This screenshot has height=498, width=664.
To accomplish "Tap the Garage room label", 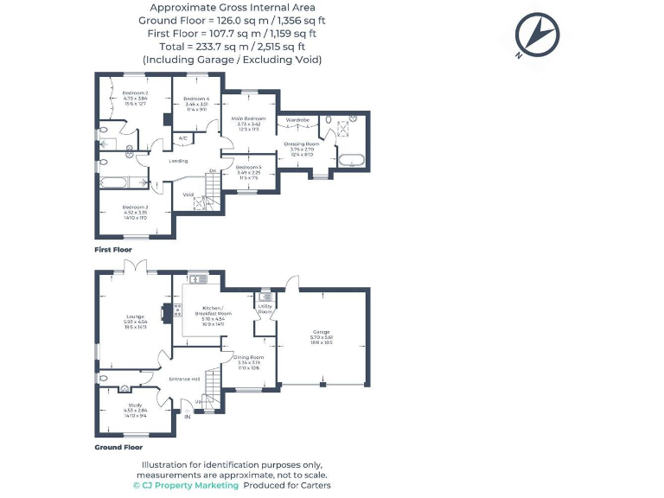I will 322,332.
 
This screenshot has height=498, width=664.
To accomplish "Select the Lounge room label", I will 135,318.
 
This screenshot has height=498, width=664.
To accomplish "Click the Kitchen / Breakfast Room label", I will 213,309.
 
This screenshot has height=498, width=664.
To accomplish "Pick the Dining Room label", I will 249,356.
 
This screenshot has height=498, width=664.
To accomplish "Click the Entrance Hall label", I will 185,379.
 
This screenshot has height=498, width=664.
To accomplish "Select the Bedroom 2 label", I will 135,93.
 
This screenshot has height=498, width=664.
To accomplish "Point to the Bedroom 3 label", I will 135,207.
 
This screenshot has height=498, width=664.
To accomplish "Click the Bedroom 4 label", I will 196,99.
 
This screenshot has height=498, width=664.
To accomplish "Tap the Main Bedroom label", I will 248,118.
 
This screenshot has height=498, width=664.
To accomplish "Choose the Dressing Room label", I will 302,144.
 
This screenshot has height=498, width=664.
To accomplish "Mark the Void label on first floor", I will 188,195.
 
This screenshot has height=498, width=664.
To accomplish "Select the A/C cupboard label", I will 182,138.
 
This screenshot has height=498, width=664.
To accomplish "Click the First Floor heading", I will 113,250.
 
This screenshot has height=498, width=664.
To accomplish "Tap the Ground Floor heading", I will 118,447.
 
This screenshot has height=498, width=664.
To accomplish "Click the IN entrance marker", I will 187,417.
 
